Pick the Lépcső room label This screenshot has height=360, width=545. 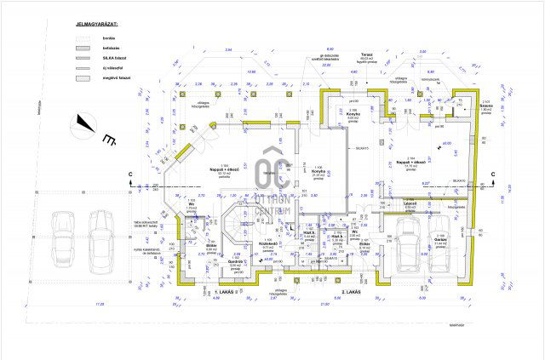(410, 204)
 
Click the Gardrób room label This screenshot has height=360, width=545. (237, 264)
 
